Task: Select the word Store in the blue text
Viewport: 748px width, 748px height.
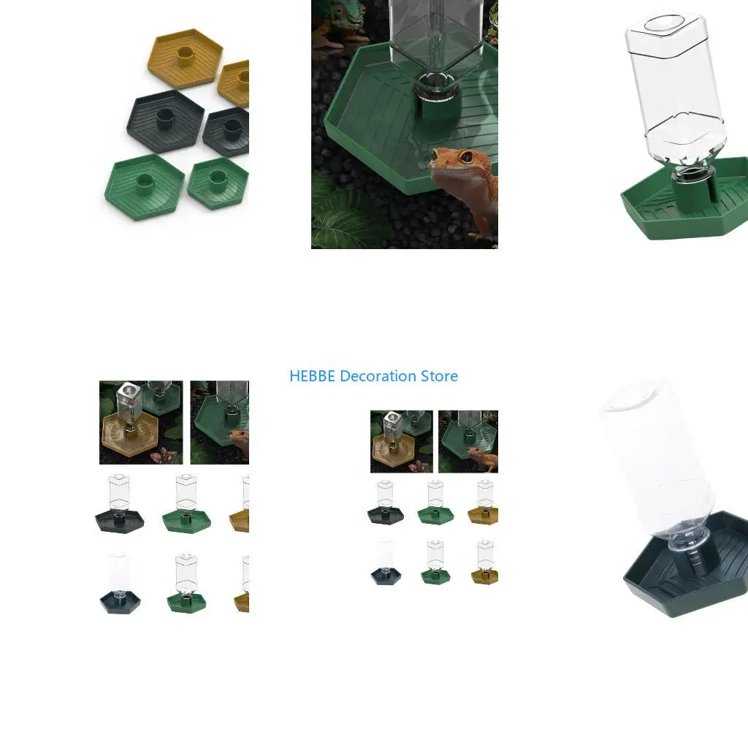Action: click(x=439, y=376)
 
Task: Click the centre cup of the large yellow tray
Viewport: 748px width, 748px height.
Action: click(x=185, y=56)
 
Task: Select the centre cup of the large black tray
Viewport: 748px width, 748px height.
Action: click(x=165, y=119)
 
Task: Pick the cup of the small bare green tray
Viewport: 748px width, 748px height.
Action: click(x=217, y=180)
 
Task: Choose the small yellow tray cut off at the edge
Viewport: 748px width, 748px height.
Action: click(x=234, y=84)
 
